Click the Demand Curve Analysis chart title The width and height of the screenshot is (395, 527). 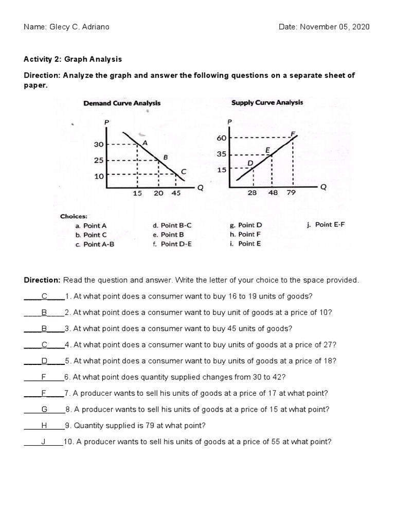pyautogui.click(x=122, y=103)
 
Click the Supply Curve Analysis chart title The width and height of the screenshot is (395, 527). pyautogui.click(x=267, y=102)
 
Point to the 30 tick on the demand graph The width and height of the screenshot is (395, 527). pyautogui.click(x=98, y=145)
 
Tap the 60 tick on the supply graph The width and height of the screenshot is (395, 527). pyautogui.click(x=222, y=138)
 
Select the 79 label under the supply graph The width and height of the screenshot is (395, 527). pyautogui.click(x=292, y=192)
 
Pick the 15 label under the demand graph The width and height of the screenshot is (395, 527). pyautogui.click(x=137, y=194)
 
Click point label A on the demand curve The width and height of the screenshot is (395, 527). pyautogui.click(x=145, y=143)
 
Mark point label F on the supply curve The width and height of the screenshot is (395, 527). pyautogui.click(x=293, y=134)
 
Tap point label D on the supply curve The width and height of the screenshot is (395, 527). pyautogui.click(x=250, y=163)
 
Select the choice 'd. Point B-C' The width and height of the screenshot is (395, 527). pyautogui.click(x=172, y=225)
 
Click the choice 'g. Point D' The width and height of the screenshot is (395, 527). pyautogui.click(x=246, y=225)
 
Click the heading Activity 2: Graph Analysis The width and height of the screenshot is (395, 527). pyautogui.click(x=73, y=59)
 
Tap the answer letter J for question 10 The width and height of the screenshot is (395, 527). pyautogui.click(x=44, y=442)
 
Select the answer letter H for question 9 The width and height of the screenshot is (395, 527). pyautogui.click(x=44, y=426)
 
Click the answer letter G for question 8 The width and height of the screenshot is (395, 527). pyautogui.click(x=44, y=409)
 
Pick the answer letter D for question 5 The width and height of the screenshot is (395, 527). pyautogui.click(x=44, y=361)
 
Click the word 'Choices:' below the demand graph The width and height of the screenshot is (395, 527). pyautogui.click(x=74, y=216)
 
